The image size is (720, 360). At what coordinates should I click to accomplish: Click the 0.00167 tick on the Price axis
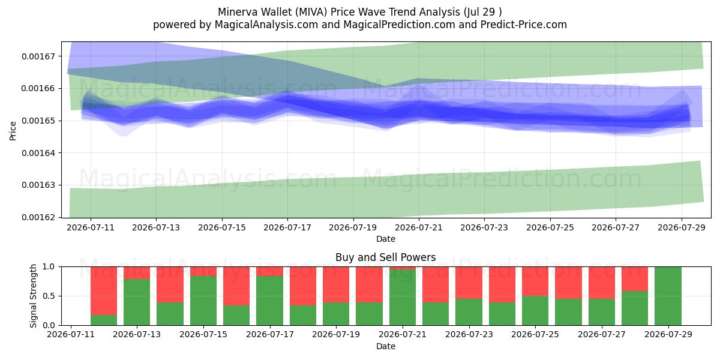coord(38,56)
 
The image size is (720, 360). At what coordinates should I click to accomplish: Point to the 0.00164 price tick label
coord(38,153)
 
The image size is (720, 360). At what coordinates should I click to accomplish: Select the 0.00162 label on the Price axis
coord(38,217)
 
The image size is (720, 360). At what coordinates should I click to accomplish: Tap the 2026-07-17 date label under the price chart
coord(287,227)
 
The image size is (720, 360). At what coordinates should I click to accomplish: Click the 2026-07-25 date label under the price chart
coord(550,227)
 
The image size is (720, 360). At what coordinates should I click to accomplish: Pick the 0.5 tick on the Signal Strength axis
coord(49,296)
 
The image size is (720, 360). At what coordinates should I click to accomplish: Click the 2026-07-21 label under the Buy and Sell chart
coord(403,334)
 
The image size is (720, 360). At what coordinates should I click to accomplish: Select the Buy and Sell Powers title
coord(385,257)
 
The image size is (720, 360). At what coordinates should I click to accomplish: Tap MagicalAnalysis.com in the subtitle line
coord(266,25)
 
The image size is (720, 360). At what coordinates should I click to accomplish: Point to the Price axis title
coord(13,131)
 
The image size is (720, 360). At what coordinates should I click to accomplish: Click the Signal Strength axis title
coord(33,296)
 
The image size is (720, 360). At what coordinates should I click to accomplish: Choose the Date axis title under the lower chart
coord(385,346)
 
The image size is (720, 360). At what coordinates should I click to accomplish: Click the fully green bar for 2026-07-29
coord(668,296)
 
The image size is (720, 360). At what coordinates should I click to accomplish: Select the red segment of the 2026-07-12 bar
coord(103,291)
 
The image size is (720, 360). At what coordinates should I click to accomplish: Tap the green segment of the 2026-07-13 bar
coord(137,302)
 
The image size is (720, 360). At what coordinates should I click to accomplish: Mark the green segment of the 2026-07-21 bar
coord(403,298)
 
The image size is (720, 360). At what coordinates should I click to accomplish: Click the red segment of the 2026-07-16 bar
coord(236,286)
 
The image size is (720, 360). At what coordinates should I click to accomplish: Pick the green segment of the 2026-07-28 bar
coord(635,308)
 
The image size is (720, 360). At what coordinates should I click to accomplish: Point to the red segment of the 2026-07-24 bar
coord(502,284)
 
